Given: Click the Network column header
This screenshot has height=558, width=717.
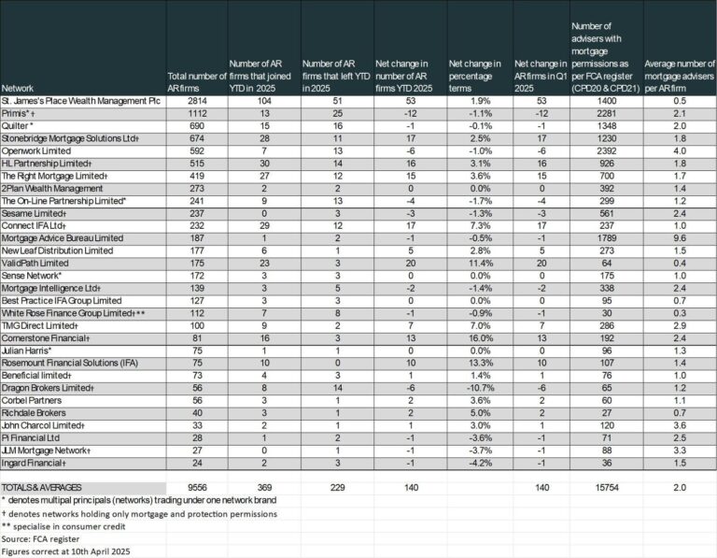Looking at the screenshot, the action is coord(18,89).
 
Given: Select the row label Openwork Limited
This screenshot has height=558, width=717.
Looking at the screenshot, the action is coord(36,151).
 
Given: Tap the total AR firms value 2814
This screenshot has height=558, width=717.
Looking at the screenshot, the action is coord(197,101).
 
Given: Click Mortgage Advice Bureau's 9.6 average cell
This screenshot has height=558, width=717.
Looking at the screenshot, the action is coord(680,238).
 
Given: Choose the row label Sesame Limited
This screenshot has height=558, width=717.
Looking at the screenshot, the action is coord(34,213).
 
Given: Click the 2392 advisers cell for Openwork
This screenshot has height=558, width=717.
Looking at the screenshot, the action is coord(606,151).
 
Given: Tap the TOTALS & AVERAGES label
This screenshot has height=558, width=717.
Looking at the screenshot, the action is coord(42,488).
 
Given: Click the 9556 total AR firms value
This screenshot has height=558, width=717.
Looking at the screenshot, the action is coord(197,488).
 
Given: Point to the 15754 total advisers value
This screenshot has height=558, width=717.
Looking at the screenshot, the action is coord(606,488).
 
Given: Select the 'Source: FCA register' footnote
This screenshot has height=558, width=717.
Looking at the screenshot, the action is coord(40,538).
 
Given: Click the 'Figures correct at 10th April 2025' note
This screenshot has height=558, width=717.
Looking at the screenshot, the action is coord(65,551).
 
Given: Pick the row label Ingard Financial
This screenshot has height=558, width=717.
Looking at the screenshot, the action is coord(34,463).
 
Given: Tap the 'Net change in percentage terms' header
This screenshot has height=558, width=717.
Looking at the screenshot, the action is coord(474,76).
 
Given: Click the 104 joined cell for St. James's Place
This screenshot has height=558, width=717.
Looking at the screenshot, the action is coord(264,101).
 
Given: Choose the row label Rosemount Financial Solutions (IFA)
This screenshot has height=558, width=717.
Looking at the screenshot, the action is coord(70,363).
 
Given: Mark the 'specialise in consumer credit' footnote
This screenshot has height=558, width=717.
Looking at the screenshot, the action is coord(63,526).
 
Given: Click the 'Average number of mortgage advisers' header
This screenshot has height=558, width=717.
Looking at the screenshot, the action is coord(679,76).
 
